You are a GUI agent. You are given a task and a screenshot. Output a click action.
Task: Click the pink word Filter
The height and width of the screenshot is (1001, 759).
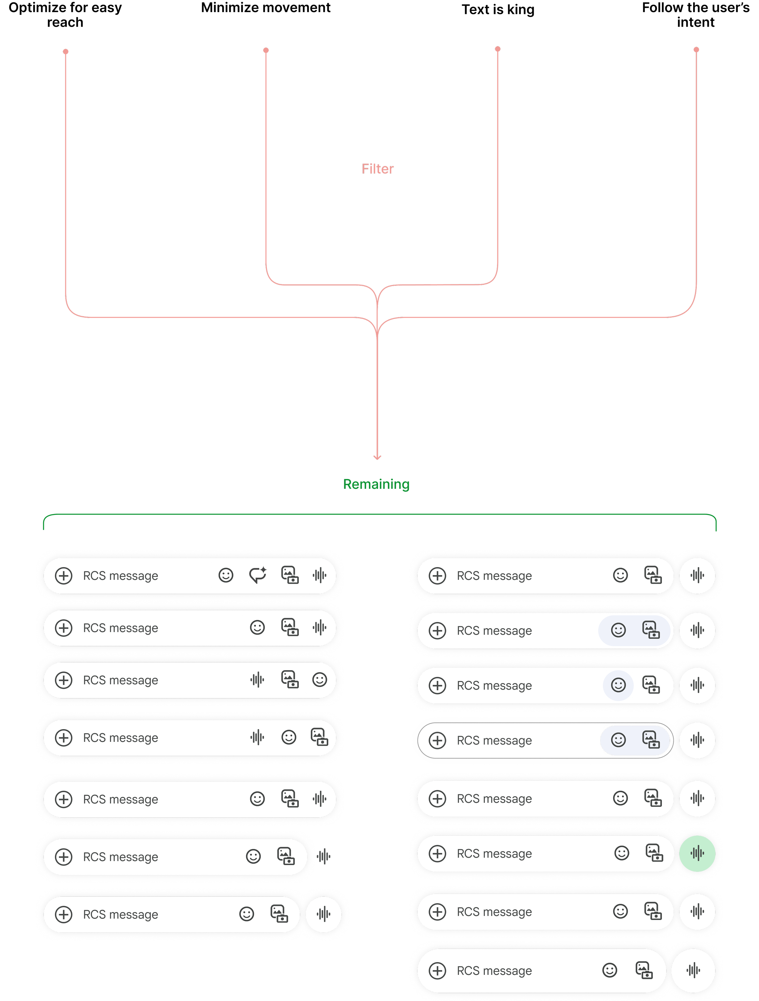[x=377, y=169]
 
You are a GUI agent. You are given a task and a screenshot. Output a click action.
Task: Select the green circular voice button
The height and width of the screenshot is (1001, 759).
[x=697, y=853]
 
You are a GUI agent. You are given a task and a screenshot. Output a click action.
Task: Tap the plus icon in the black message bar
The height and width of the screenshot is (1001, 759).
[x=437, y=740]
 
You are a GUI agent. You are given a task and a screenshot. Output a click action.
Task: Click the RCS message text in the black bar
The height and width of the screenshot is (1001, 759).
[x=494, y=740]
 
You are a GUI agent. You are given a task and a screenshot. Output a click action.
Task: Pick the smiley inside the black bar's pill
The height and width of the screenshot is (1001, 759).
[x=618, y=740]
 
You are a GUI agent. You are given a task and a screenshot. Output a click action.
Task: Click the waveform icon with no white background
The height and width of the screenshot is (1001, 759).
[x=323, y=856]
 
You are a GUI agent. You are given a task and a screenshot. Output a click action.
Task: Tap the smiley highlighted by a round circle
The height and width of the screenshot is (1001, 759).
[x=618, y=685]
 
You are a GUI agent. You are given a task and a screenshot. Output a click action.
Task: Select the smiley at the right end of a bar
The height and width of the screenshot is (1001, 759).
[x=319, y=680]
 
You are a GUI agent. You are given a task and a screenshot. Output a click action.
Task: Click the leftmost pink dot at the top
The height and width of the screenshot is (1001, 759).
[x=66, y=52]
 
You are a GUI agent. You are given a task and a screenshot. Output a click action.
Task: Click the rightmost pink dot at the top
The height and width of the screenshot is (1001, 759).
[x=696, y=49]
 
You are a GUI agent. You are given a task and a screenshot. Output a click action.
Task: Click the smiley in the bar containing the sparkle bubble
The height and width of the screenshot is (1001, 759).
[x=226, y=575]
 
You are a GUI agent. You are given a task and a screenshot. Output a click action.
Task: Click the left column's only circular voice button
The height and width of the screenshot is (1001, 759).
[x=323, y=914]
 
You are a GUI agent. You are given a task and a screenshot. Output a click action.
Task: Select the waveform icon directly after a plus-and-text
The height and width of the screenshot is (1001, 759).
[x=257, y=680]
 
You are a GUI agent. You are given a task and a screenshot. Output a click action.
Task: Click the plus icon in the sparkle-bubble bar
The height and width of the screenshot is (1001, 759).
[x=64, y=576]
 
